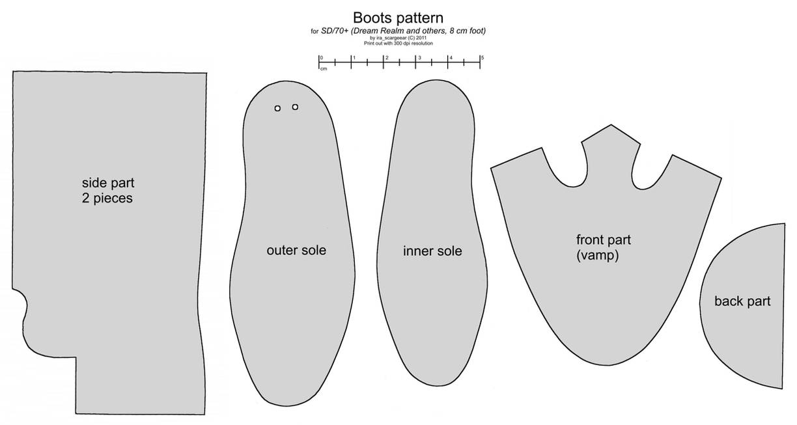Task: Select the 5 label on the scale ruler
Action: point(482,58)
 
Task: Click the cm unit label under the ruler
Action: point(323,68)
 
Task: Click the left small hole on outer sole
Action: point(277,108)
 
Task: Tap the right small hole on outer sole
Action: point(295,107)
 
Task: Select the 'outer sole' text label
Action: point(296,250)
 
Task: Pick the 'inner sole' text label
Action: point(432,251)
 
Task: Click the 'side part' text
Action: point(107,183)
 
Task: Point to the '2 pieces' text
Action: point(107,199)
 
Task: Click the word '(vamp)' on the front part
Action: point(597,256)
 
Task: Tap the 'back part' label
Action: point(742,301)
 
